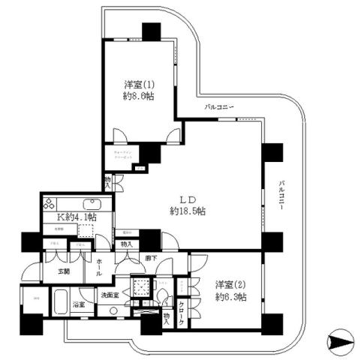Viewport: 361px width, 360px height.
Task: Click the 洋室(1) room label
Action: [139, 84]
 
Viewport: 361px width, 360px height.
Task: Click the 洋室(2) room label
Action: [230, 285]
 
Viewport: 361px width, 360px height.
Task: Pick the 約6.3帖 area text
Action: [230, 298]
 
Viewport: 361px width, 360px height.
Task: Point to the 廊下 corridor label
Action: [151, 259]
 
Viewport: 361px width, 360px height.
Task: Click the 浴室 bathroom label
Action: [78, 307]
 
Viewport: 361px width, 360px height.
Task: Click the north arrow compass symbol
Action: [338, 340]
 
